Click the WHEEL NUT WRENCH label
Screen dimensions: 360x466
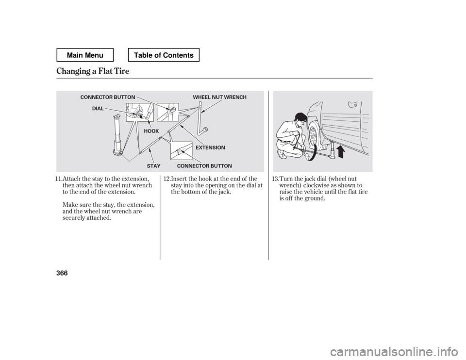pyautogui.click(x=220, y=98)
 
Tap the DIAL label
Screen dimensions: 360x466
pyautogui.click(x=98, y=109)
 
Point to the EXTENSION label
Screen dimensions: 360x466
pyautogui.click(x=211, y=147)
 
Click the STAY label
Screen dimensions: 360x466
pyautogui.click(x=153, y=166)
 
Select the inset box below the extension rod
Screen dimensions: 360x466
pyautogui.click(x=182, y=151)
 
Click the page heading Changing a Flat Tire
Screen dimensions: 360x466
pyautogui.click(x=93, y=71)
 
